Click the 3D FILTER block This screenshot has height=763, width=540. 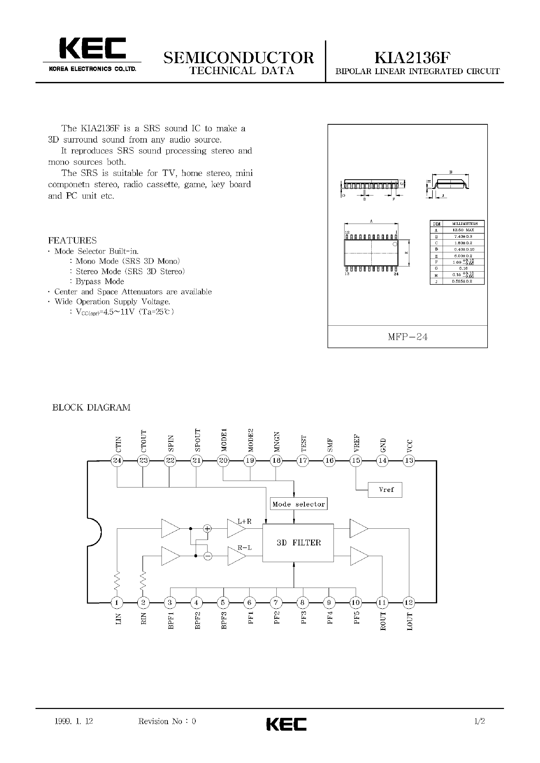(298, 543)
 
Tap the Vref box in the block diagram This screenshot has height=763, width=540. (385, 490)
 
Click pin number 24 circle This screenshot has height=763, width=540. (117, 461)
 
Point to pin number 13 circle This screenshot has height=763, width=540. (409, 461)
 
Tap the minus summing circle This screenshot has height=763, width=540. (208, 556)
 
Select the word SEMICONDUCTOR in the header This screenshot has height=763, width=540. (238, 57)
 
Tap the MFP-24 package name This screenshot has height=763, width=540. (407, 337)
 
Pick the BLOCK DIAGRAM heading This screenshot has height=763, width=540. (91, 407)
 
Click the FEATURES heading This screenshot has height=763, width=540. (73, 240)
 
